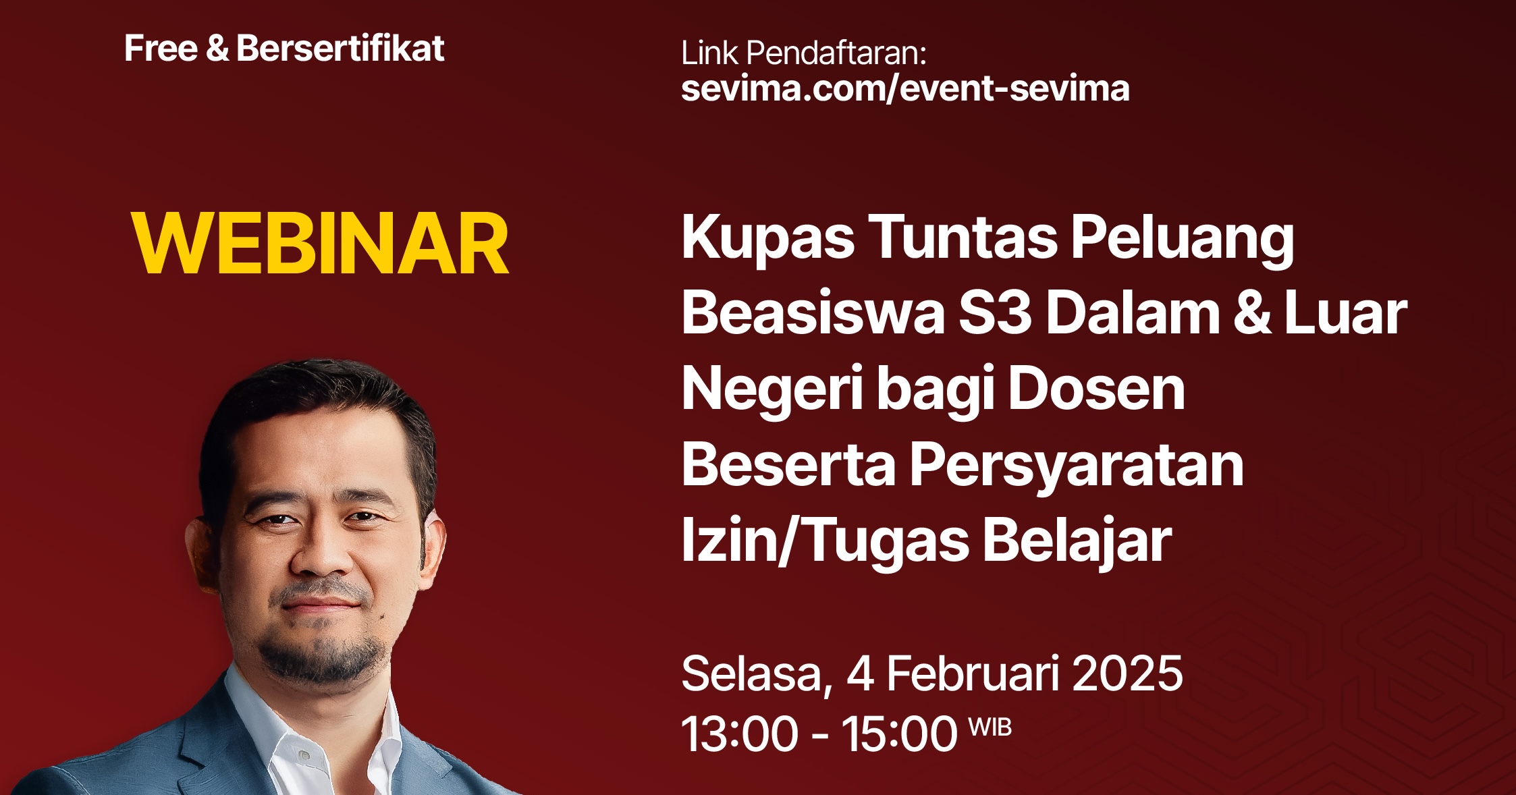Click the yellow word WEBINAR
[320, 244]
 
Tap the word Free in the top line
[161, 49]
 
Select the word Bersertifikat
[340, 49]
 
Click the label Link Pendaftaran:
[803, 53]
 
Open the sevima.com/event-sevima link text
[904, 89]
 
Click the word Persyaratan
[1076, 466]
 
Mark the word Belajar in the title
[1077, 541]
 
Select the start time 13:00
[740, 734]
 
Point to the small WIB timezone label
[990, 728]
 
